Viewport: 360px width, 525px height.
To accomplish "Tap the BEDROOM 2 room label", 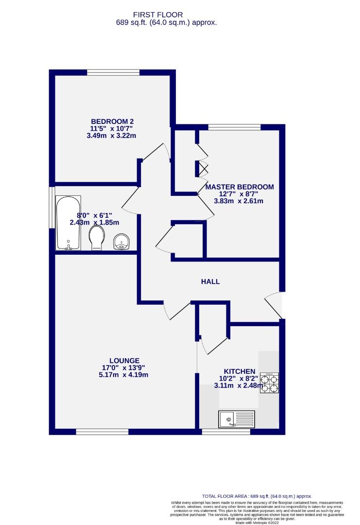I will pos(112,121).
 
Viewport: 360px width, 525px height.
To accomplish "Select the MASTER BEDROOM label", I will pos(240,187).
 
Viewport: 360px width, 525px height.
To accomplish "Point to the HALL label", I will pos(211,281).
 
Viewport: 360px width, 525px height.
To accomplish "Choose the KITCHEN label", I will pos(240,370).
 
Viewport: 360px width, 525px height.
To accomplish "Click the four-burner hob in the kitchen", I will pos(269,383).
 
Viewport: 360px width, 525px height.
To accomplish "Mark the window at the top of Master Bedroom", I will pos(234,127).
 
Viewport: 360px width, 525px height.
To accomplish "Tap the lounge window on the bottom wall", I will pos(102,432).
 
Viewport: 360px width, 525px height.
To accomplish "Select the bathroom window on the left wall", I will pos(51,207).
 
